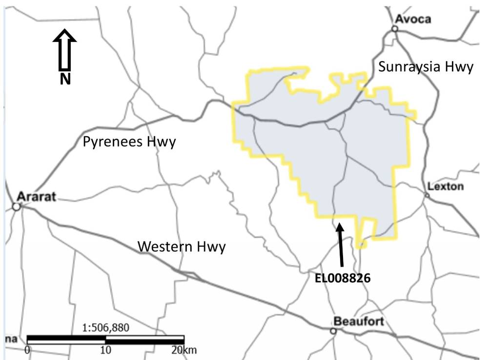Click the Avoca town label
[413, 19]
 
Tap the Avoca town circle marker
[395, 29]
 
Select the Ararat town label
[37, 197]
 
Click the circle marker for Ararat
[16, 207]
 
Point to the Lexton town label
[446, 186]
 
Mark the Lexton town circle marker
[427, 195]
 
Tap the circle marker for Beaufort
[333, 331]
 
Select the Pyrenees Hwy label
[129, 142]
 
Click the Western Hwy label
[182, 247]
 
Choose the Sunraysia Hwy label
[426, 67]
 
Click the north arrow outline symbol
[64, 49]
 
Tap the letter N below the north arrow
[64, 79]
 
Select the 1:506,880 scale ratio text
[106, 328]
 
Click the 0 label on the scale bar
[27, 350]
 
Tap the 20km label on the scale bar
[181, 350]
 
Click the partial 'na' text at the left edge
[10, 339]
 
